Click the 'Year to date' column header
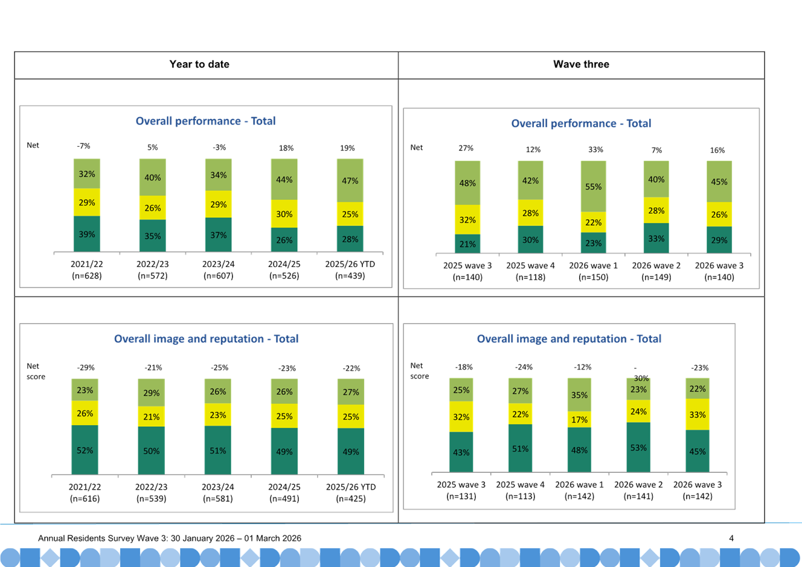click(x=199, y=64)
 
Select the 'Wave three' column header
click(x=581, y=64)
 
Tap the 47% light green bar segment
click(x=350, y=181)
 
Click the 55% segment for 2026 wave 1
click(x=593, y=186)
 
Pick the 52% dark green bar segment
click(x=85, y=450)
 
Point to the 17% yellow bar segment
click(x=579, y=419)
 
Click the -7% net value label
click(x=83, y=146)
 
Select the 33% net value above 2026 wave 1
click(x=595, y=149)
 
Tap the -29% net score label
click(x=86, y=367)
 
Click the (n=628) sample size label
click(x=86, y=275)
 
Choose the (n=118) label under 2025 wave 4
click(x=530, y=277)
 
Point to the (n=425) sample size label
click(x=351, y=498)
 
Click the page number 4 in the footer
click(x=731, y=538)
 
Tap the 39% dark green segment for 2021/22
click(x=86, y=234)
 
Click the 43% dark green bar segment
click(x=461, y=452)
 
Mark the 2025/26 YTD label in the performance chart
click(x=350, y=264)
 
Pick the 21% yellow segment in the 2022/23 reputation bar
click(x=152, y=416)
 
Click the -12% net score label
click(x=583, y=367)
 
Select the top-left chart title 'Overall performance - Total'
click(x=205, y=121)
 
